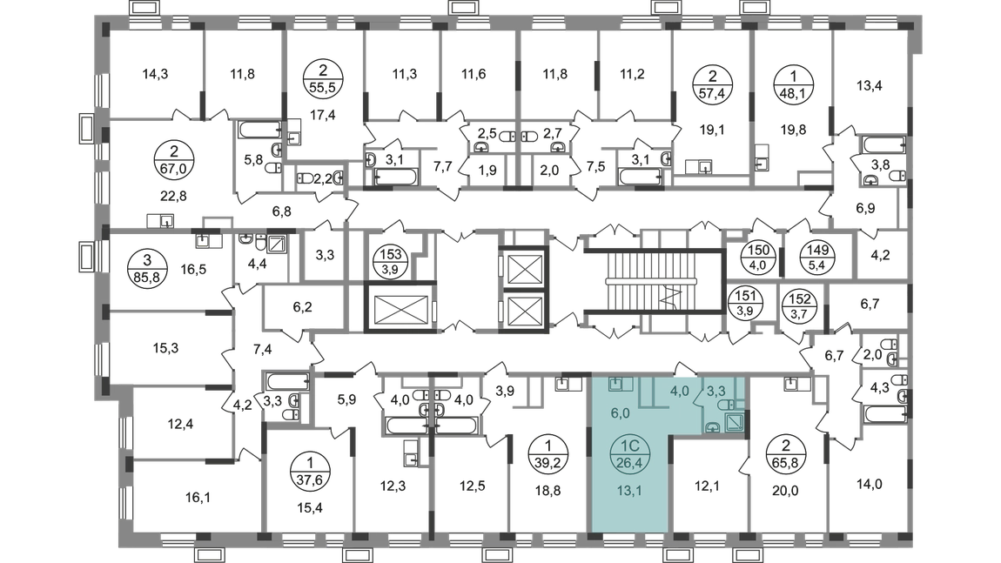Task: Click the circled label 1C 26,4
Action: pyautogui.click(x=629, y=453)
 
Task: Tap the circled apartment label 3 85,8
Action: pyautogui.click(x=147, y=269)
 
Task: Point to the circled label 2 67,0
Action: pyautogui.click(x=173, y=160)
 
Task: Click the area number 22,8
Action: pyautogui.click(x=173, y=196)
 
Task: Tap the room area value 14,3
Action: pyautogui.click(x=155, y=74)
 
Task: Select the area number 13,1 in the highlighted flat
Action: pyautogui.click(x=629, y=490)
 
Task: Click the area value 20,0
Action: pyautogui.click(x=785, y=490)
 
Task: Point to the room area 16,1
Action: pyautogui.click(x=198, y=497)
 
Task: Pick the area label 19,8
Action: pyautogui.click(x=793, y=130)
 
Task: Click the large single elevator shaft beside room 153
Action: pyautogui.click(x=401, y=308)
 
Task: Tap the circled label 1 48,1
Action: pyautogui.click(x=793, y=85)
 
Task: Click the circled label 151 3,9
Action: pyautogui.click(x=745, y=304)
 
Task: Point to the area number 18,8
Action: pyautogui.click(x=548, y=490)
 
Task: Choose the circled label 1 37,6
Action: pyautogui.click(x=310, y=472)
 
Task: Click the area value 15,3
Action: pyautogui.click(x=165, y=349)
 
